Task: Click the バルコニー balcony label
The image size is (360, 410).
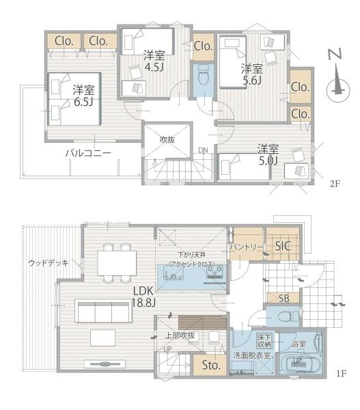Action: pyautogui.click(x=88, y=152)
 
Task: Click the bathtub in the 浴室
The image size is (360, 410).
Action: pyautogui.click(x=304, y=362)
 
